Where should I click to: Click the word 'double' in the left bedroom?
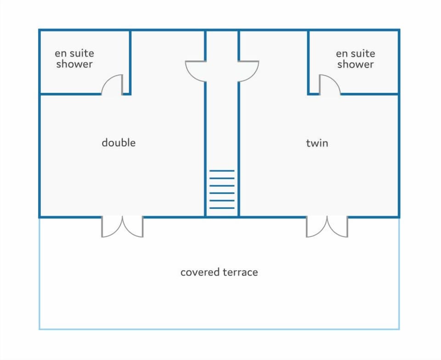click(119, 143)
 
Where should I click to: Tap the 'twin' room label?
click(317, 143)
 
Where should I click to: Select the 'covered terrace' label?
click(219, 272)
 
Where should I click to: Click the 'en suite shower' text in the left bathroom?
click(74, 58)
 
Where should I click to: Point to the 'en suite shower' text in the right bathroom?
click(356, 59)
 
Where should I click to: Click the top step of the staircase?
click(222, 170)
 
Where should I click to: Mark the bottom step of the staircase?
click(222, 208)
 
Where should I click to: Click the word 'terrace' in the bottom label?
click(240, 272)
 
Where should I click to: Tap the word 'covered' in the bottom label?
click(200, 272)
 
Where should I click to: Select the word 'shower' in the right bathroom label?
click(356, 64)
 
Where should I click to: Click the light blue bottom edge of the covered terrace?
click(219, 329)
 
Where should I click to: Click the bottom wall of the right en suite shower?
click(370, 94)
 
